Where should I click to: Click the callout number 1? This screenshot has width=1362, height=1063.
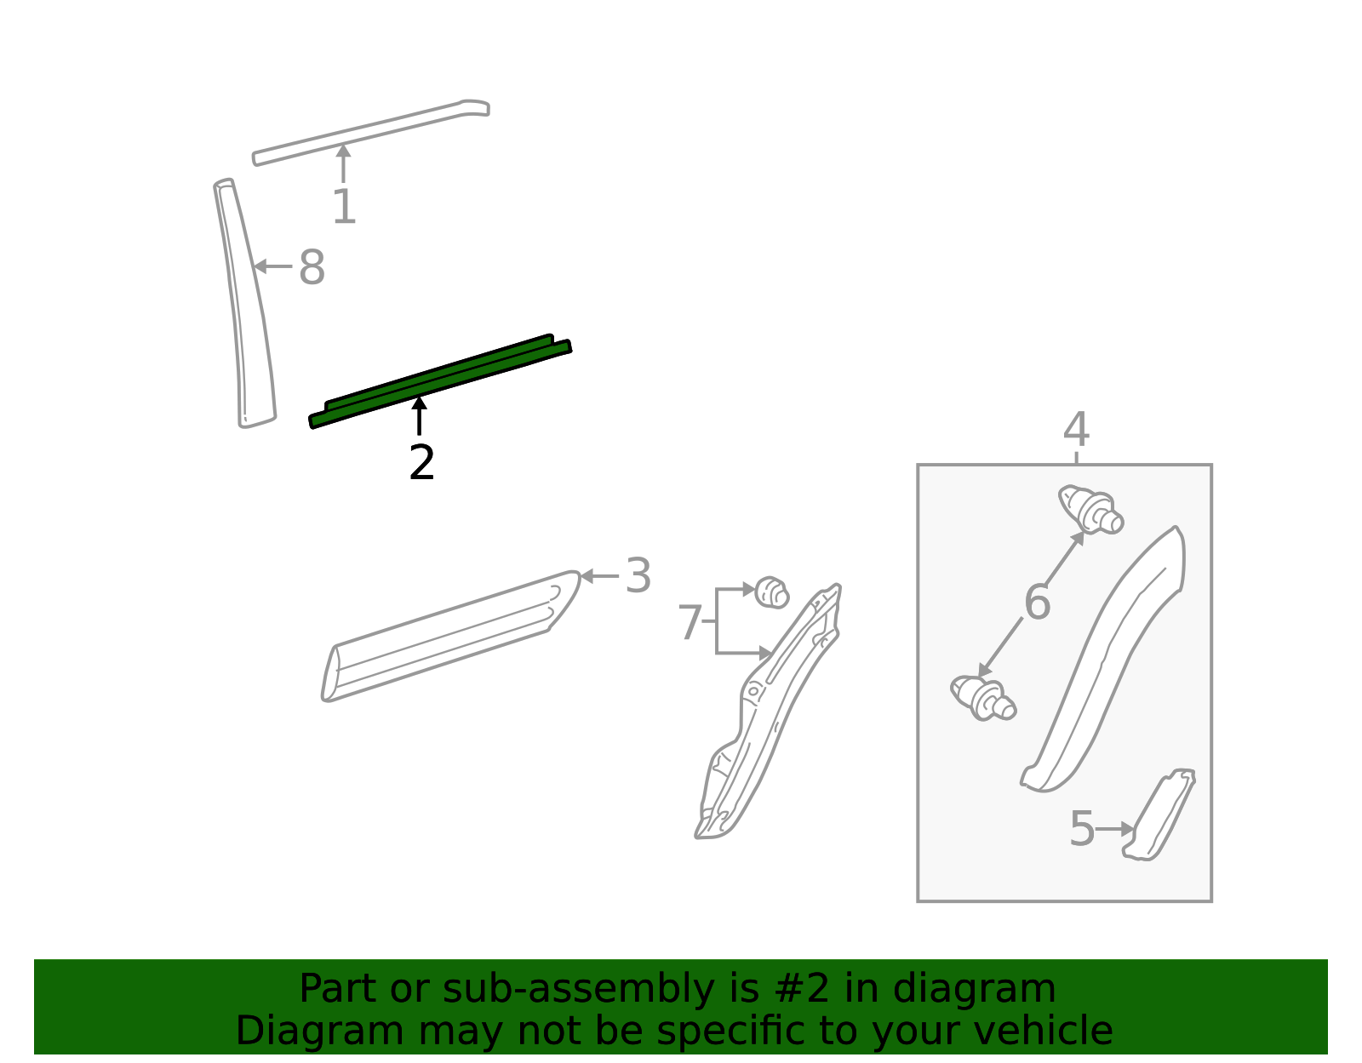tap(344, 206)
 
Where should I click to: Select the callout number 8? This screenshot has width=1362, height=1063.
tap(312, 267)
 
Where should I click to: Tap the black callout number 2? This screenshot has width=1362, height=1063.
tap(421, 463)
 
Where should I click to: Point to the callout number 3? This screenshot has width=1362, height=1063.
tap(638, 575)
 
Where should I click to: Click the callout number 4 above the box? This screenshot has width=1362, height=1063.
tap(1076, 429)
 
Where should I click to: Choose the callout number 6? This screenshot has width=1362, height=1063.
tap(1037, 602)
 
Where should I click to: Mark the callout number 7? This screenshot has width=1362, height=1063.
tap(690, 622)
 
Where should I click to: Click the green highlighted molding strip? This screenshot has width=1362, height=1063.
tap(440, 381)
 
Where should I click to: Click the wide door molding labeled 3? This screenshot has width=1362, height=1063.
tap(450, 636)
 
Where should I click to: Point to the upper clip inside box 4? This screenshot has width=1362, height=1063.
tap(1091, 510)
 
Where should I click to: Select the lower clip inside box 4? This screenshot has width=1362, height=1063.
tap(983, 698)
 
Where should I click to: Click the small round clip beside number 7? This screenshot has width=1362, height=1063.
tap(771, 592)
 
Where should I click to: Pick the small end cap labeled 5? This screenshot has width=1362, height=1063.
tap(1159, 815)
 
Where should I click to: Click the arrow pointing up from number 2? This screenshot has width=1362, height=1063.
tap(420, 415)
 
